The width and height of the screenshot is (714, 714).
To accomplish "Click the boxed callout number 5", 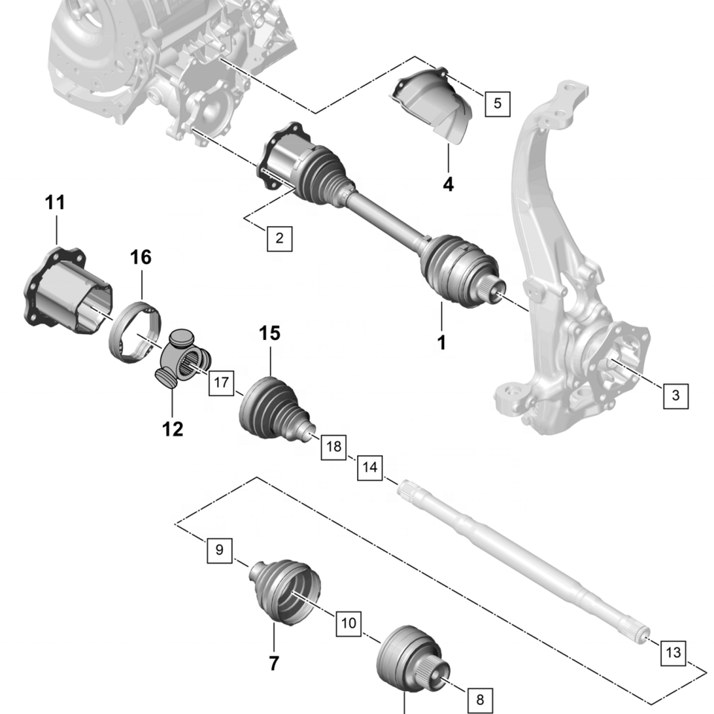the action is tap(498, 104).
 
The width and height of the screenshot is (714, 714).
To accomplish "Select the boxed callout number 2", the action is tap(279, 238).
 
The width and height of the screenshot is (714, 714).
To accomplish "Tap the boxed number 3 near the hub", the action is tap(675, 395).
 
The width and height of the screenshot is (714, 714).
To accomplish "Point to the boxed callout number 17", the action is tap(222, 382).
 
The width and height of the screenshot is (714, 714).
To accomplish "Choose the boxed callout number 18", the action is tap(334, 447).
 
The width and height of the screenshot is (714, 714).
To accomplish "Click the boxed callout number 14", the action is tap(370, 467).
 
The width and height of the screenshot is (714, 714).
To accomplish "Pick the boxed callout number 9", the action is tap(219, 550).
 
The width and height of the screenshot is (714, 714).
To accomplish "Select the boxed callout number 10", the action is tap(349, 623).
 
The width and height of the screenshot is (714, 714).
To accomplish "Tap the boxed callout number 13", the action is tap(673, 652).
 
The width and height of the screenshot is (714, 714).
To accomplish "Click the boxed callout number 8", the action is tap(480, 699).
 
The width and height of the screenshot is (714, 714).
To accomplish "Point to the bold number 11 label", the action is tap(55, 202).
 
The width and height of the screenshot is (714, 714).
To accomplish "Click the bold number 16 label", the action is tap(141, 258).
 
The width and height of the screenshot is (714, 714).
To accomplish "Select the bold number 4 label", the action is tap(448, 185).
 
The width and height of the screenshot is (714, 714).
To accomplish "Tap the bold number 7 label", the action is tap(274, 663).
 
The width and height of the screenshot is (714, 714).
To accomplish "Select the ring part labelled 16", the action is tap(135, 332).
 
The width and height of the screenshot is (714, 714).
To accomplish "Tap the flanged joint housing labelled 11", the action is tap(66, 292).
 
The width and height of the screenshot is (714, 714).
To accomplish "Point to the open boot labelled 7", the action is tap(285, 592).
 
